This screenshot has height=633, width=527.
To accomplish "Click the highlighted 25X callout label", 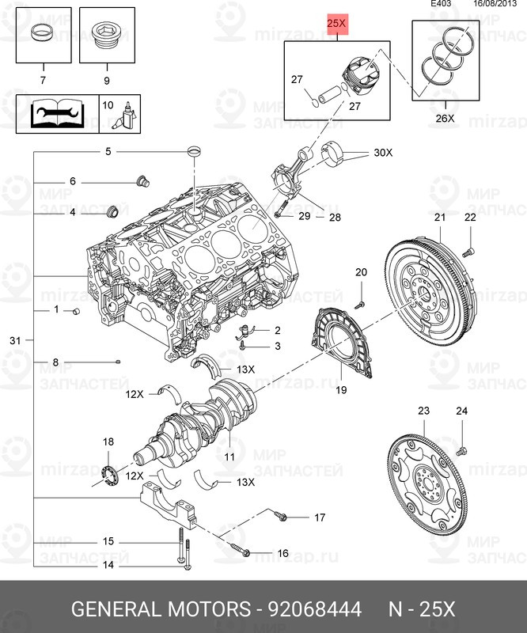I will click(337, 25).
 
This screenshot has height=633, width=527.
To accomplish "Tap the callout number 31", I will click(14, 340).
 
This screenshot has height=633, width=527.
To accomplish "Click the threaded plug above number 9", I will click(105, 36).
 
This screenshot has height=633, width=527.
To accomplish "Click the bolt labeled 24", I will click(462, 450).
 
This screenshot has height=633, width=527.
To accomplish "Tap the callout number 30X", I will click(382, 153).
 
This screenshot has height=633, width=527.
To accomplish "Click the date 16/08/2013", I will click(495, 5).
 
